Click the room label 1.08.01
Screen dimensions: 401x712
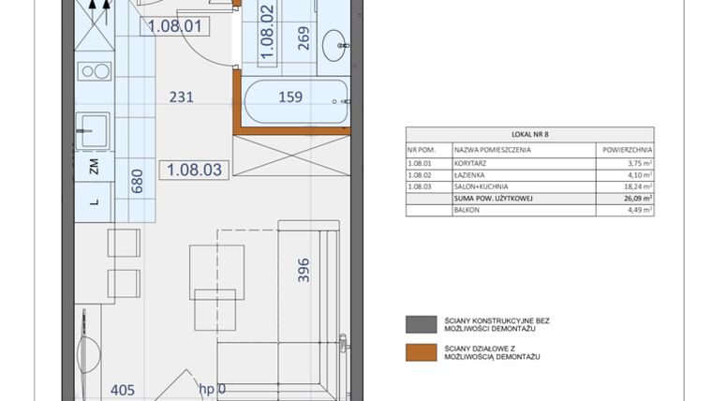(x=175, y=27)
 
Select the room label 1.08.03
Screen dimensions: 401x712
(x=194, y=171)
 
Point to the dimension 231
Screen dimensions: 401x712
(x=182, y=96)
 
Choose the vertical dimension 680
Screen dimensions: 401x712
(x=137, y=180)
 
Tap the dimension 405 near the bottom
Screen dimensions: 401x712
(x=123, y=390)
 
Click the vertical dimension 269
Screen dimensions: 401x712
(x=303, y=37)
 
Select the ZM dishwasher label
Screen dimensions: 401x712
(x=94, y=169)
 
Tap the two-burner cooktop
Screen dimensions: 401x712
(x=94, y=71)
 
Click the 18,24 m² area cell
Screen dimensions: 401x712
(x=637, y=186)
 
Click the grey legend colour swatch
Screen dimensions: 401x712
(x=415, y=325)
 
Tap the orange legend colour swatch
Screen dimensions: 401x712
(x=415, y=351)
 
